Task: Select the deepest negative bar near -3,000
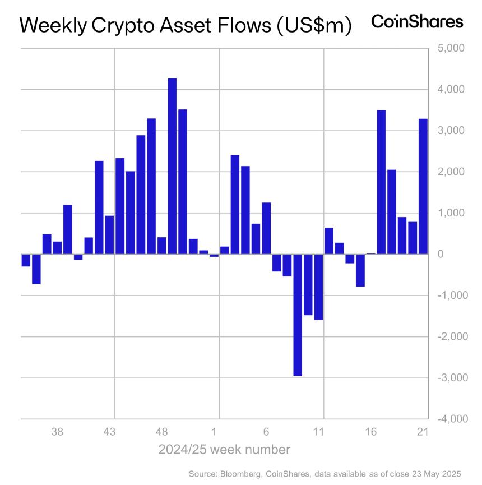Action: click(298, 315)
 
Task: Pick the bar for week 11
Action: click(318, 287)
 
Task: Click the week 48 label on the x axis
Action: click(161, 432)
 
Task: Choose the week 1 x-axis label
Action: click(214, 432)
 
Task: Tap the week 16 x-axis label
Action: click(370, 432)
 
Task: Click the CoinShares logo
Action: click(418, 22)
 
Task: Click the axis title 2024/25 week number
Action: click(224, 450)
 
